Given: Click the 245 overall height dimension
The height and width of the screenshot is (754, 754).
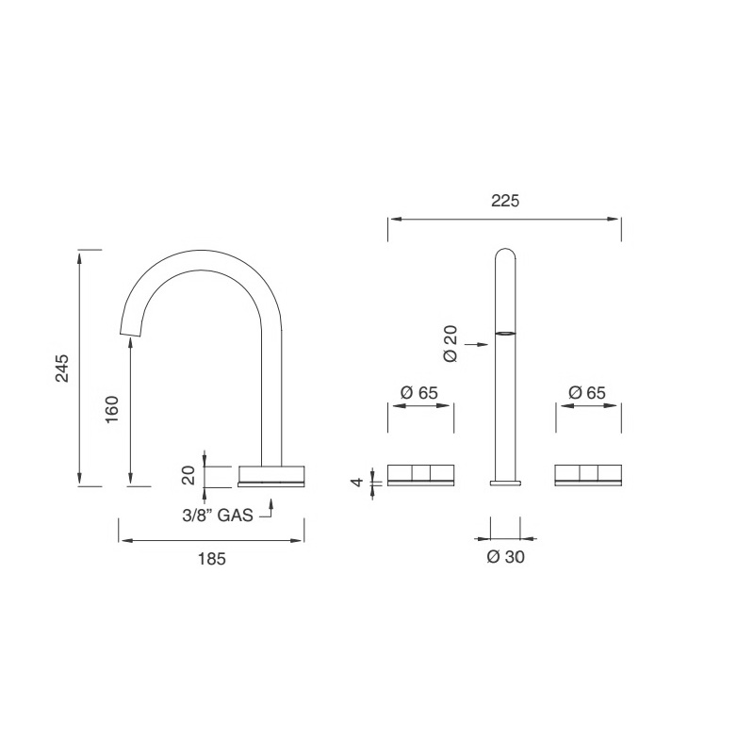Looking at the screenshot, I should point(62,369).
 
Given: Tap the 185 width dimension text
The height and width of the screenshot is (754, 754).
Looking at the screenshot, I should point(212,558).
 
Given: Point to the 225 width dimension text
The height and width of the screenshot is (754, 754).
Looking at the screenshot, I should point(505,201).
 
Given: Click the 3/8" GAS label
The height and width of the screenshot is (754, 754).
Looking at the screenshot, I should point(217,516).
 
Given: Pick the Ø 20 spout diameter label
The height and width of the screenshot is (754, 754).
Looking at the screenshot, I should point(450,344).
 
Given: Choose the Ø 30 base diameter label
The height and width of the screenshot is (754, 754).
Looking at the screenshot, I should point(505,557).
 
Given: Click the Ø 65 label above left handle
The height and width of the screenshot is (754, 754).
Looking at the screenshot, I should point(419,392).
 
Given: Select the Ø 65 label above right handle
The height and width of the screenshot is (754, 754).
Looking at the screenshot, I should point(587,392).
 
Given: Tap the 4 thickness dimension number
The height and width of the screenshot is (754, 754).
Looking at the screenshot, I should point(356,482).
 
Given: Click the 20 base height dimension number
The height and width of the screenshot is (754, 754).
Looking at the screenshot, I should point(189,475).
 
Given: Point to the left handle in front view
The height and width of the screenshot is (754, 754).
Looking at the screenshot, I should point(420,475).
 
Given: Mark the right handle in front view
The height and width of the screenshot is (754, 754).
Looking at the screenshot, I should point(588,475).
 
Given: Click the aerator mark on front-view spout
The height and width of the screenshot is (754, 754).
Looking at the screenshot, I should point(505,333).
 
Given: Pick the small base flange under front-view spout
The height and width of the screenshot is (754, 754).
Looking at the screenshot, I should point(505,483).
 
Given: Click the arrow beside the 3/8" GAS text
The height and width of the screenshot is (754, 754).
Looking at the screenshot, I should point(270,512).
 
